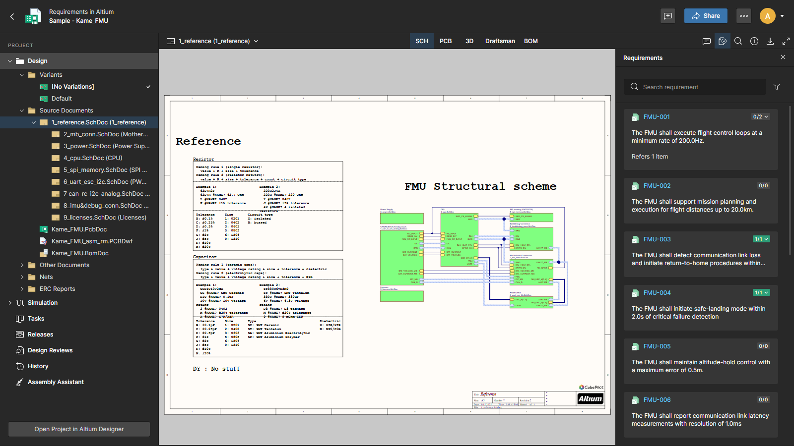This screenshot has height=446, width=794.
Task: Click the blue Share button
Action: (705, 16)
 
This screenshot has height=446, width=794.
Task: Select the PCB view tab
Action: (446, 41)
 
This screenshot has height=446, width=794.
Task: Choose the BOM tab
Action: (530, 41)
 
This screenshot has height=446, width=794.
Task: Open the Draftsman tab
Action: (500, 41)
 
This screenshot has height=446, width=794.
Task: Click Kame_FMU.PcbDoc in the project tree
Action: (79, 229)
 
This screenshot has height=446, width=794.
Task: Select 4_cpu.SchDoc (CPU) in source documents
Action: (93, 158)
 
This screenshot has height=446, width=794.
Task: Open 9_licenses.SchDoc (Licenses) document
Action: (105, 218)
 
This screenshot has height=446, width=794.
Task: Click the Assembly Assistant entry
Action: (56, 382)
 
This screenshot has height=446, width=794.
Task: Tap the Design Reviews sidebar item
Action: (50, 350)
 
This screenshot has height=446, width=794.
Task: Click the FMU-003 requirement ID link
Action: (657, 239)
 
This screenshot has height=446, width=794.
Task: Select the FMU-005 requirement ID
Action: (657, 346)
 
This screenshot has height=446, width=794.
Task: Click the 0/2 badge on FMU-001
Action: (760, 117)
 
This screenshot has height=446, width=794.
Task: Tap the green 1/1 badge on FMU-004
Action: (761, 293)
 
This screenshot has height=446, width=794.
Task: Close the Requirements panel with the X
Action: (783, 57)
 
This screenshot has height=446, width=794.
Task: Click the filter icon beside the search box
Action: (777, 87)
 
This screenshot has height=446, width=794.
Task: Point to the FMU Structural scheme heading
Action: (480, 186)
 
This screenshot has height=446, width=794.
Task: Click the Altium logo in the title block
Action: (590, 399)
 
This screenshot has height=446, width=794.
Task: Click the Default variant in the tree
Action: (62, 99)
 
